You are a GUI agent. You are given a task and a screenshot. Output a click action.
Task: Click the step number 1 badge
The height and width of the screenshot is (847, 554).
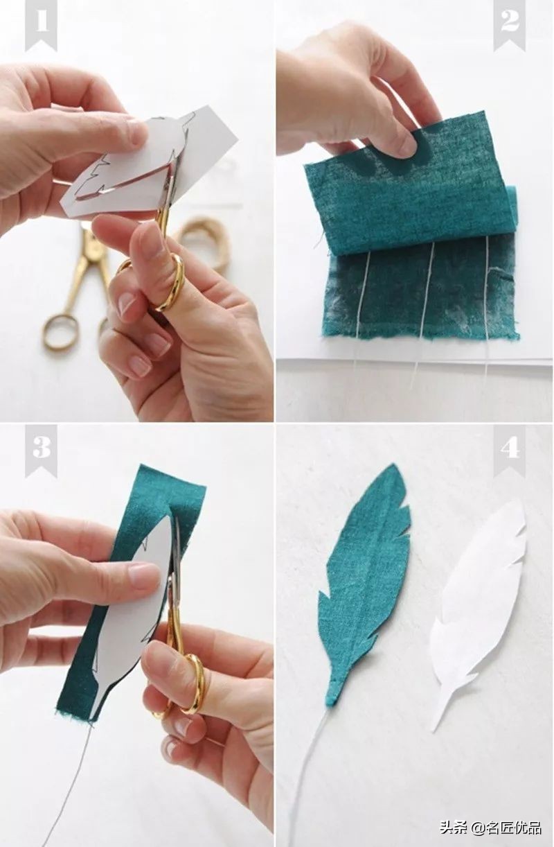coord(40,24)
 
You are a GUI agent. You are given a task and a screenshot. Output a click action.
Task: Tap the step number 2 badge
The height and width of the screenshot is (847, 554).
coord(509,24)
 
